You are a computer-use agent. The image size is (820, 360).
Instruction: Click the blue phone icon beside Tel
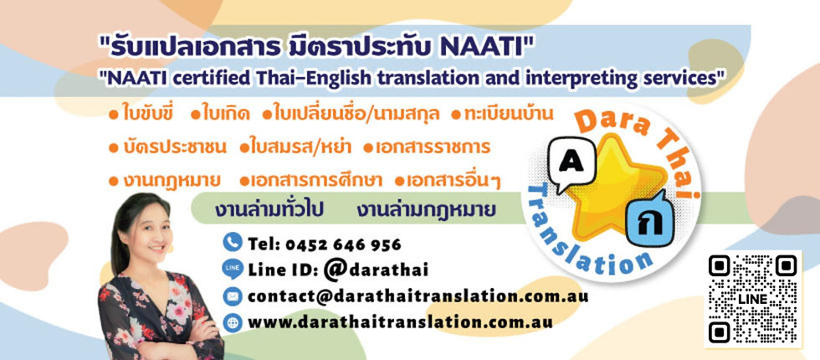coord(233,244)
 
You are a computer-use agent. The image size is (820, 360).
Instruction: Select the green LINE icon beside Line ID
coord(233,269)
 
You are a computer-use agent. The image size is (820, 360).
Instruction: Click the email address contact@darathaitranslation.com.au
coord(418,296)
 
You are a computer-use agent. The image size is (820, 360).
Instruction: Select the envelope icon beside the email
coord(233,296)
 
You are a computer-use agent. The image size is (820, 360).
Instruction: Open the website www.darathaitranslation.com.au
coord(401,321)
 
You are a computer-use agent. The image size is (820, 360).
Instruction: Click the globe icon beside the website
coord(233,321)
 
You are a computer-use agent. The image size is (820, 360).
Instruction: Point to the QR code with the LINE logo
coord(751,298)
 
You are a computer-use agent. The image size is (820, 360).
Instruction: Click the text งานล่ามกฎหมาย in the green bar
coord(426,208)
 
